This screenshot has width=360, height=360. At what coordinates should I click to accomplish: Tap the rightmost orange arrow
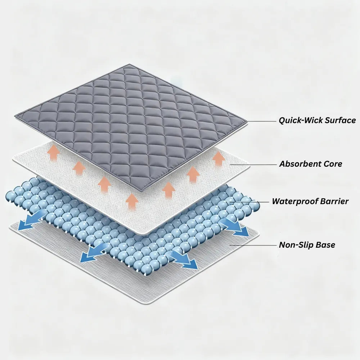pos(219,158)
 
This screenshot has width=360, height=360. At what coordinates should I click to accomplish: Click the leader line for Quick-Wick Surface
pos(261,121)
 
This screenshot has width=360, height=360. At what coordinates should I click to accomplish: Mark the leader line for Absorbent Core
pos(253,165)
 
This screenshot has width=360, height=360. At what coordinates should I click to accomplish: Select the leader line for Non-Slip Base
pos(253,245)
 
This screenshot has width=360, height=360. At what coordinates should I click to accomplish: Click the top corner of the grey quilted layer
pos(130,64)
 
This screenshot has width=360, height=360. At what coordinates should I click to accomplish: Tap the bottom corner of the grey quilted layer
pos(143,191)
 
